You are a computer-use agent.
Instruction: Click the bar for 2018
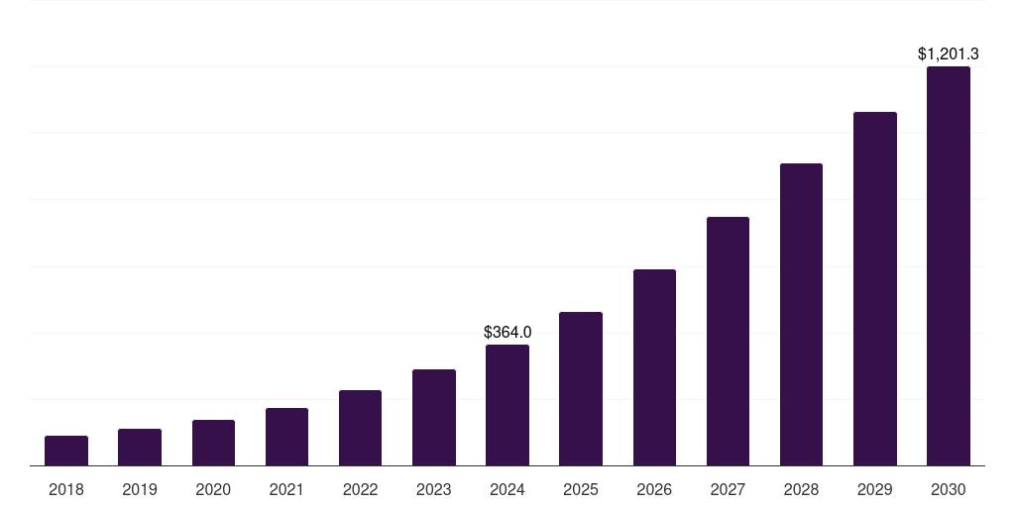point(66,451)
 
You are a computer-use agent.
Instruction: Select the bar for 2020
point(213,443)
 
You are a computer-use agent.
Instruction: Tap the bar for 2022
point(360,428)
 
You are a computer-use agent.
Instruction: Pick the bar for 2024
point(507,405)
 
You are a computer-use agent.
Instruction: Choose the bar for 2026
point(654,367)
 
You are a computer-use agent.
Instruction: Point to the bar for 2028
point(801,314)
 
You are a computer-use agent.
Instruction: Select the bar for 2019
point(140,448)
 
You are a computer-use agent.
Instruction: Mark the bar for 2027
point(728,341)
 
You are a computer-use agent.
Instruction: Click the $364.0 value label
point(507,332)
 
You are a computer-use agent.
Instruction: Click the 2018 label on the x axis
point(66,489)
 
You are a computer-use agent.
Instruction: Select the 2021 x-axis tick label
point(286,489)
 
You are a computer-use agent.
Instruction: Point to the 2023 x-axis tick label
point(434,489)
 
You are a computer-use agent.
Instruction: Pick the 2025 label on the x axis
point(581,489)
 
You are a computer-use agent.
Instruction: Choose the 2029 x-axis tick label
point(875,489)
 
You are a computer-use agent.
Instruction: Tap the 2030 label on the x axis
point(949,489)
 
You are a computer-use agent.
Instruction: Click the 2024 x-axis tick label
point(507,489)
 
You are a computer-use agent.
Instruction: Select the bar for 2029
point(875,288)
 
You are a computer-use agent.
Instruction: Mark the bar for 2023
point(434,417)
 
